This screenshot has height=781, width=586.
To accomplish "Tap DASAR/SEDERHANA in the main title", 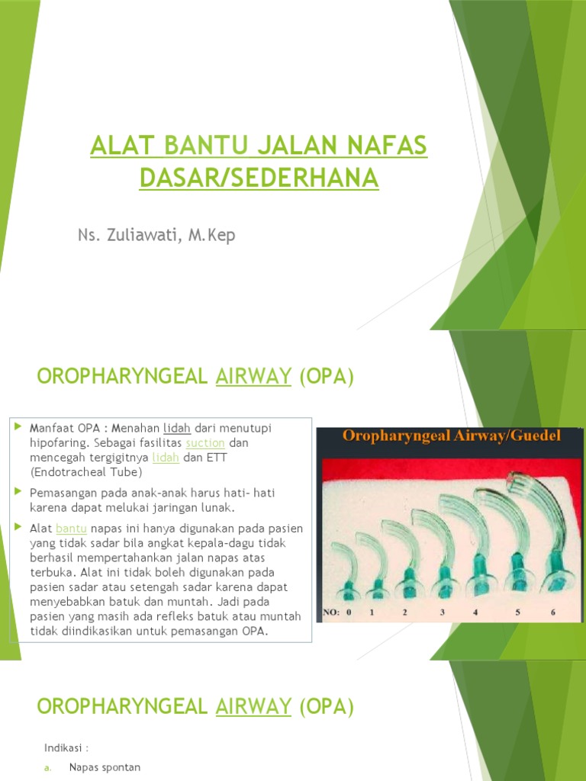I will pos(259,177).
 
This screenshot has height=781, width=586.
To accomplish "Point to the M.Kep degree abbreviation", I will pos(210,235).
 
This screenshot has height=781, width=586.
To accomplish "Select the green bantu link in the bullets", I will pos(72,528).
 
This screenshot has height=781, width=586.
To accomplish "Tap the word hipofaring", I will pos(58,442).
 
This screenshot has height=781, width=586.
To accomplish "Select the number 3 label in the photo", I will pos(442,612).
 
